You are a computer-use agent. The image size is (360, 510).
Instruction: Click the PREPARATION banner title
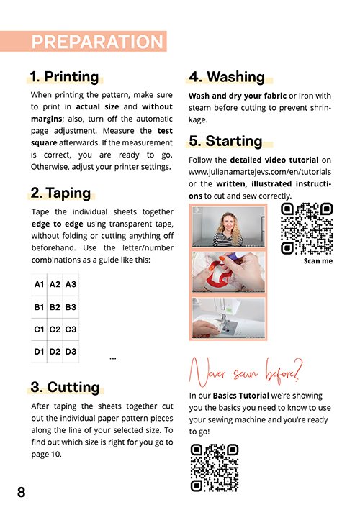coord(97,42)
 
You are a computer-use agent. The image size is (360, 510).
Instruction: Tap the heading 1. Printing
coord(64,77)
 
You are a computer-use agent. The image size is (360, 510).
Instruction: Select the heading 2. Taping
coord(60,193)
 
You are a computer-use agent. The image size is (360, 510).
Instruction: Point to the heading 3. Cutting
coord(65,387)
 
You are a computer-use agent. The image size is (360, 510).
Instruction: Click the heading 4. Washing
coord(227,77)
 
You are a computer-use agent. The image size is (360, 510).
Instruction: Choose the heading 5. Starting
coord(225,141)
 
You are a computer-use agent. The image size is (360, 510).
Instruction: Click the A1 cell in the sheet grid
coord(39,285)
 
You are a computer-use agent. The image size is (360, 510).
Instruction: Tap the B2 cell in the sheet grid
coord(55,307)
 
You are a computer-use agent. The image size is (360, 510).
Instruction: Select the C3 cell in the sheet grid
coord(71,329)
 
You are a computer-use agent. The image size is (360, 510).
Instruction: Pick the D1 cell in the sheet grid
coord(39,352)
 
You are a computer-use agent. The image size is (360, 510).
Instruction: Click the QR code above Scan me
coord(307,229)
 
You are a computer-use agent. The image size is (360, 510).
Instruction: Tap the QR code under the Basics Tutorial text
coord(215,468)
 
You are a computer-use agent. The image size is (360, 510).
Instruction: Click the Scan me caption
coord(318,261)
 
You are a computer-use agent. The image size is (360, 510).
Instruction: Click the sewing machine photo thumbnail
coord(228,318)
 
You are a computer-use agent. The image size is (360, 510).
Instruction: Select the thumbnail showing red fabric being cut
coord(228,272)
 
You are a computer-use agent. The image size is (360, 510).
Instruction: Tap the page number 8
coord(21,492)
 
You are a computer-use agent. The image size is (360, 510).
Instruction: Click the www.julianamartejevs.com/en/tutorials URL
coord(260,172)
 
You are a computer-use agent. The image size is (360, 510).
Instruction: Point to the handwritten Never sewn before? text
coord(246,372)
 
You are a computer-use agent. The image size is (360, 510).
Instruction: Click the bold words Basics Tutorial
coord(241,396)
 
